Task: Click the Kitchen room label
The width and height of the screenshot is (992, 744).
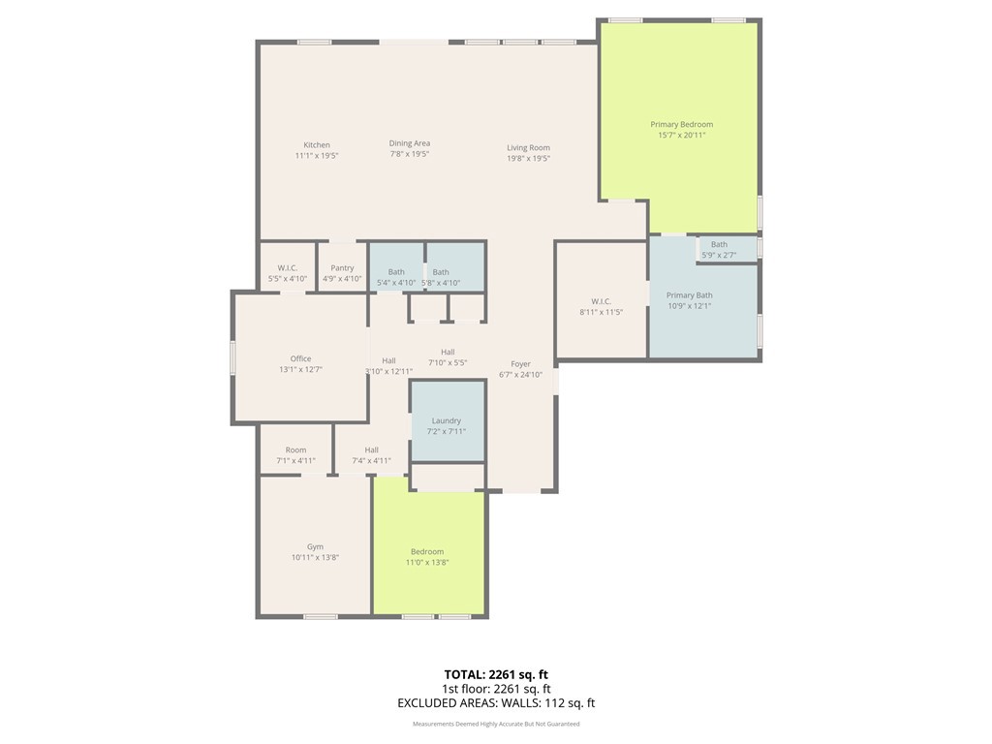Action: pos(317,145)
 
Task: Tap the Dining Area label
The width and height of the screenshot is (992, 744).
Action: pos(410,143)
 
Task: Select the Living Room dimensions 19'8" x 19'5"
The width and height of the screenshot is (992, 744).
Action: pos(528,159)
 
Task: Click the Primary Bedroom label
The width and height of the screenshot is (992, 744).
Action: pos(681,125)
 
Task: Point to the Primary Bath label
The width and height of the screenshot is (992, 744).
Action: pos(689,295)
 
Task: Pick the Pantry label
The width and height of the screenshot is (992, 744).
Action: pos(342,268)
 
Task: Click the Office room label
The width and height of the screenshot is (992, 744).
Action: pos(300,359)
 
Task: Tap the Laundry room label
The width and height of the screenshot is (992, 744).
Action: pos(447,421)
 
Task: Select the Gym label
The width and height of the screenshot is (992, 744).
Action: pos(315,546)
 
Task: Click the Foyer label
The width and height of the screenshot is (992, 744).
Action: pos(520,364)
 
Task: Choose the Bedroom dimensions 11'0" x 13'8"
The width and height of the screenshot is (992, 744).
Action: pos(427,563)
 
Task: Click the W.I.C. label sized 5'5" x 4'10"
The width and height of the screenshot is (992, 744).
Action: pos(287,268)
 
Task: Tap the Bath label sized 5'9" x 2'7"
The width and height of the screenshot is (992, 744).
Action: pos(719,245)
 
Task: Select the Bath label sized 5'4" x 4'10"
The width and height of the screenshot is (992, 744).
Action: pos(396,272)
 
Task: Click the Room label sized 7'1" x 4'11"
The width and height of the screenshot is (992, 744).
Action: pos(295,450)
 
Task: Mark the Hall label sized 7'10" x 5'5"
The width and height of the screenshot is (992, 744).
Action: pos(448,353)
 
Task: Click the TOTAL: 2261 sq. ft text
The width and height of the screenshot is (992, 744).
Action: pos(496,674)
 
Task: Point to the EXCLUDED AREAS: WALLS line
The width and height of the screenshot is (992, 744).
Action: pos(496,703)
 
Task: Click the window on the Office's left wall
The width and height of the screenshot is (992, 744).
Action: pos(232,357)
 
